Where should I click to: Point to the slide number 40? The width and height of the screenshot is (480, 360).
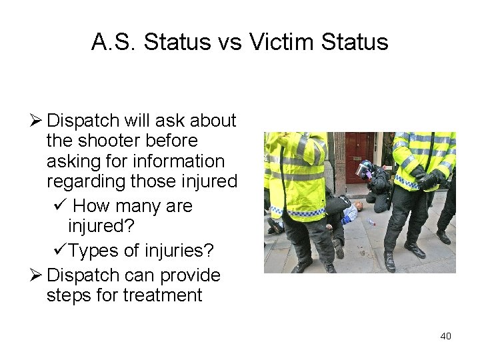click(x=445, y=336)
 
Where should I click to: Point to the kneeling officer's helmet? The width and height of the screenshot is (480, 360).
click(x=365, y=167)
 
